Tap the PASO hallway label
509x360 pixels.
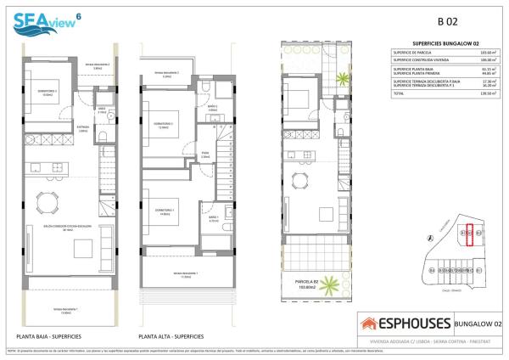click(205, 155)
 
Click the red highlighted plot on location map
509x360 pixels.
click(468, 232)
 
